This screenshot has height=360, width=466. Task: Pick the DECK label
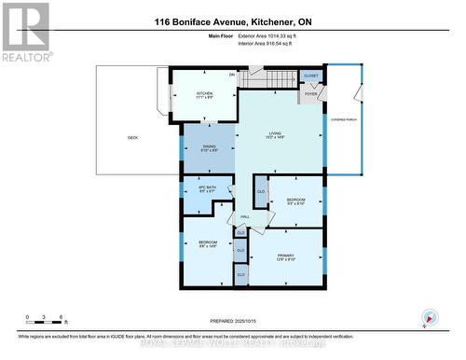click(x=133, y=138)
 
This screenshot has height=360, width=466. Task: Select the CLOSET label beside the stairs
click(x=310, y=76)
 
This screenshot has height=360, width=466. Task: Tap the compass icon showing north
click(x=428, y=317)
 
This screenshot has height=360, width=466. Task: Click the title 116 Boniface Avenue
click(x=232, y=21)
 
